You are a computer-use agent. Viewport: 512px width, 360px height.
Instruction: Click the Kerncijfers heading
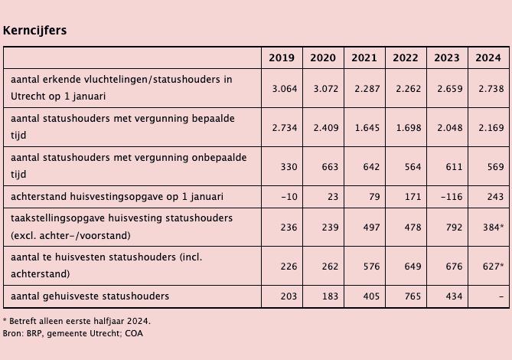pyautogui.click(x=34, y=31)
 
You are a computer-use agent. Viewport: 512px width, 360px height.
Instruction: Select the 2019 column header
pyautogui.click(x=282, y=58)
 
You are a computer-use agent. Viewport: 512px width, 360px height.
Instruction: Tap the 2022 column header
pyautogui.click(x=406, y=58)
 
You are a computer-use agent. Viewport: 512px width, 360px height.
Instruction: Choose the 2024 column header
pyautogui.click(x=488, y=58)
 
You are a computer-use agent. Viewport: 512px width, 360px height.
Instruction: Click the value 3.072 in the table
pyautogui.click(x=323, y=88)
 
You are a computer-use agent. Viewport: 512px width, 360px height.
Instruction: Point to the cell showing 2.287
pyautogui.click(x=364, y=88)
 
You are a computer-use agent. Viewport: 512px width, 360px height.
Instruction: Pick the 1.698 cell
pyautogui.click(x=406, y=126)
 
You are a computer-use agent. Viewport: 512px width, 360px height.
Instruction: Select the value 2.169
pyautogui.click(x=488, y=126)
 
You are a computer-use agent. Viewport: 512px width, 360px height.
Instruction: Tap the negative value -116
pyautogui.click(x=446, y=197)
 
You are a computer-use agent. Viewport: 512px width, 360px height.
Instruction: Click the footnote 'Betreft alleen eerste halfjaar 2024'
pyautogui.click(x=77, y=321)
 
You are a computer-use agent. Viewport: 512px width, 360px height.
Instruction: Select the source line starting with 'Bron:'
pyautogui.click(x=73, y=333)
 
